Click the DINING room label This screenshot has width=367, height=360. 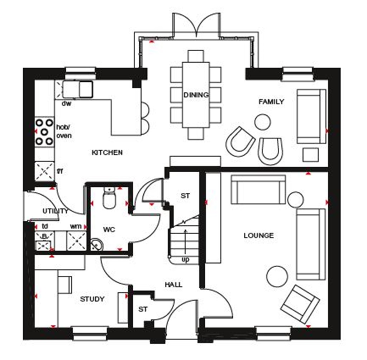coord(196,95)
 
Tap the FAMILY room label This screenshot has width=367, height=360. coord(271,102)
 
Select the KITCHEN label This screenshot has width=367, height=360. coord(107,153)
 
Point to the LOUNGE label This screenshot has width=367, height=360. coord(259,235)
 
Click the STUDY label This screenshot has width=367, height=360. coord(92,299)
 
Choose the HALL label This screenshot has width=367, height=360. coord(173,285)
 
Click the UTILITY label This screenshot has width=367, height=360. coord(55,211)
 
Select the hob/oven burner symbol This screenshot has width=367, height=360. coord(44,131)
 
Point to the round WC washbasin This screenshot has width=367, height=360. coord(96,245)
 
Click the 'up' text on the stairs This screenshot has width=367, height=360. coord(185,260)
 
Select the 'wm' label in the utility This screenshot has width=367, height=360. coord(75,226)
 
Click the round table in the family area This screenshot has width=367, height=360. coord(262,122)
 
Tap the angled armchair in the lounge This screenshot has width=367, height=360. coord(300,304)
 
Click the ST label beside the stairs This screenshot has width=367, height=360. coord(185,196)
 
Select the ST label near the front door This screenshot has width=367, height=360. coord(143,309)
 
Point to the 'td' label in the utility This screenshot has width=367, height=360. coord(45,226)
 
